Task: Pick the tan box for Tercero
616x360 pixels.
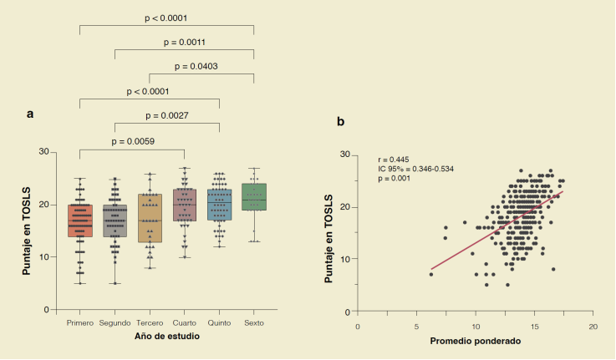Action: tap(150, 218)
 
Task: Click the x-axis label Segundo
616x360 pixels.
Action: tap(115, 322)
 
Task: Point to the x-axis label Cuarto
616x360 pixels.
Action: tap(184, 322)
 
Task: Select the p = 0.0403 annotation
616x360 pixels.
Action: tap(202, 66)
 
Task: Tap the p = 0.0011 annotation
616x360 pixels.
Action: tap(184, 41)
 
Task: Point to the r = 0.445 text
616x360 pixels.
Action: tap(395, 159)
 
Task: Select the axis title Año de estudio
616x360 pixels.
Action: tap(167, 336)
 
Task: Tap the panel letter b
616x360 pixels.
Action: tap(341, 121)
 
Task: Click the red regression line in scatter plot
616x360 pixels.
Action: tap(493, 231)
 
